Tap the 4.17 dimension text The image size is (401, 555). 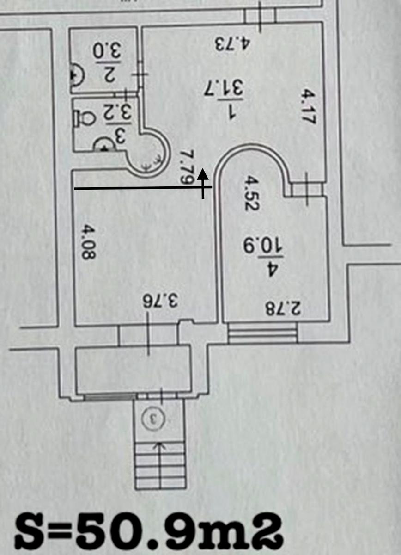[x=309, y=107]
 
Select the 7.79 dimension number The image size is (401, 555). [x=187, y=167]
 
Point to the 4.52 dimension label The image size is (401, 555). [x=251, y=193]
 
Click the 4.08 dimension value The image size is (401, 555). [x=88, y=242]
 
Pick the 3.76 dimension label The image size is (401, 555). [x=160, y=301]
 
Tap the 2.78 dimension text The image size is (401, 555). [x=283, y=308]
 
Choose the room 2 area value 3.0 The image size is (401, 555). [x=107, y=51]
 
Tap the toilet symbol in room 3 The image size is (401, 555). [x=84, y=117]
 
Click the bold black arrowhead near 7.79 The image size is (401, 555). [x=203, y=173]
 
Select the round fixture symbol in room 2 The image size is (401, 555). [x=78, y=75]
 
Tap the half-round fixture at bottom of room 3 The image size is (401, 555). [x=104, y=145]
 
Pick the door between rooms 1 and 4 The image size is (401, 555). [x=307, y=190]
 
